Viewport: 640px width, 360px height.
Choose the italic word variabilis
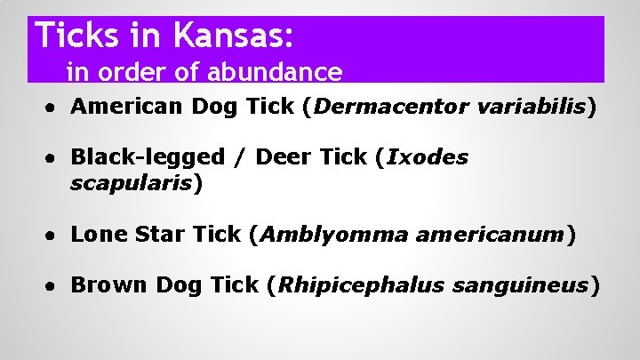(532, 108)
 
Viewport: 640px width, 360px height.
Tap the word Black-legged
(148, 157)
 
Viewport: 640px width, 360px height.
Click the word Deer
(285, 157)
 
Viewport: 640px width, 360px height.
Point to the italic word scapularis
(132, 183)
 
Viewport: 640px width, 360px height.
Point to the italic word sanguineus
(520, 285)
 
